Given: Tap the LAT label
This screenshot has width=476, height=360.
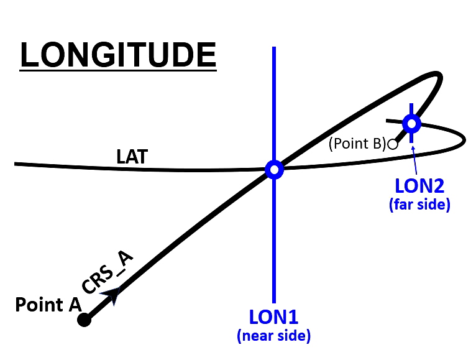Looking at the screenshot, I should pos(132,157).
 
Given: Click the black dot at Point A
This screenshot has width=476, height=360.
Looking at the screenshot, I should pos(84,320).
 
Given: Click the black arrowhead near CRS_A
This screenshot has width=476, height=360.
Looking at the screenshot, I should pos(112,296).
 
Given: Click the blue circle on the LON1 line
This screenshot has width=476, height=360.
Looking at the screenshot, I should pos(274,168).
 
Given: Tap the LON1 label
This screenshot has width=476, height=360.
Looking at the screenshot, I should pos(273,317).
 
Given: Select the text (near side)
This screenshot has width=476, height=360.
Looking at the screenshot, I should pos(273,336).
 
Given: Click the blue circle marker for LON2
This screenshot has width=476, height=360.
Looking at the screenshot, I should pos(411,123).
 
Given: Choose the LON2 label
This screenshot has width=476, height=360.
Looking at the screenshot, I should pos(419,185).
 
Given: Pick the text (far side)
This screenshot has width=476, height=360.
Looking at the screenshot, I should pos(419,204).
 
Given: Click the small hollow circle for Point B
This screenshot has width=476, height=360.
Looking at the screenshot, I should pos(392,144).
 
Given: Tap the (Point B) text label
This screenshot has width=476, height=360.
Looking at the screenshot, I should pos(357,144).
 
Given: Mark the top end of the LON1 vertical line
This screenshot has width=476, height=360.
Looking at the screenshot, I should pos(274,48).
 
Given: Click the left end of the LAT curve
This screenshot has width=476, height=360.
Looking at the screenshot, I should pos(16,164).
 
